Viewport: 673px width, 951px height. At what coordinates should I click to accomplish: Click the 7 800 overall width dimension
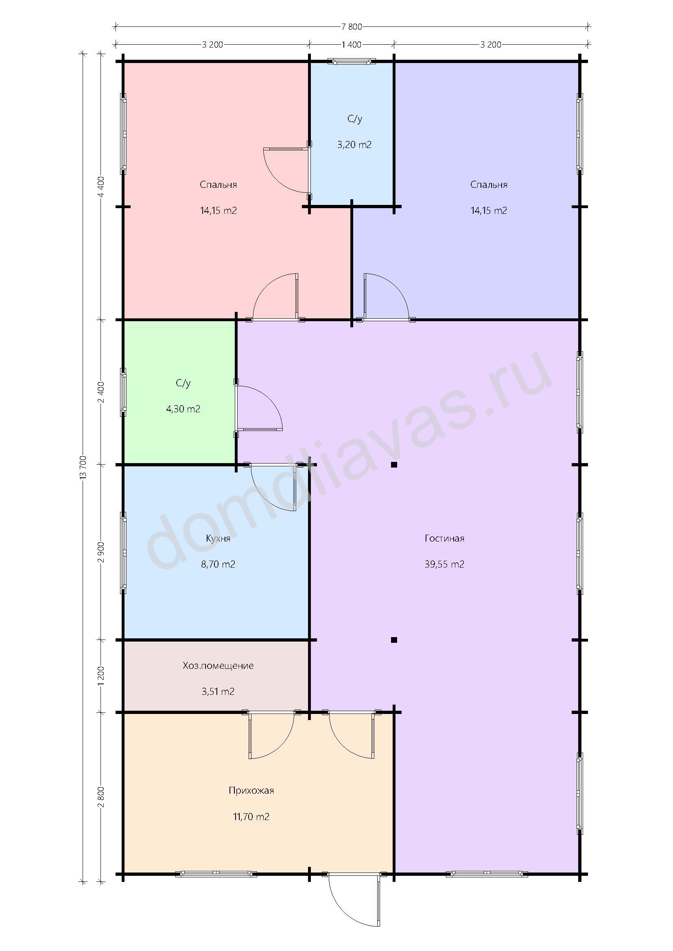pos(352,27)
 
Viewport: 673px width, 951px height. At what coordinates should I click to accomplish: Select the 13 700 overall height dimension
pos(83,468)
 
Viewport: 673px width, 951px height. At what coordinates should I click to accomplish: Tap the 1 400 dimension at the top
pos(352,44)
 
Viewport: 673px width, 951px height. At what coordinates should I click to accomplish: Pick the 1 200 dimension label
pos(101,676)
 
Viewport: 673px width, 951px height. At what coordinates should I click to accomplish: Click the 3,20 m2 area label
pos(354,145)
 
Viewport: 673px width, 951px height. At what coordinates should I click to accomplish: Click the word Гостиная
pos(444,538)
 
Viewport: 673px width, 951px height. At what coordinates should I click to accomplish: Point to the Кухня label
pos(218,538)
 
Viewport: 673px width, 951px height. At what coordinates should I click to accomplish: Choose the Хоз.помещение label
pos(218,666)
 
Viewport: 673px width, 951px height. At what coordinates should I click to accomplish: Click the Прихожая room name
pos(251,790)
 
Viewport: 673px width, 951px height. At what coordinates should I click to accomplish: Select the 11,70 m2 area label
pos(251,817)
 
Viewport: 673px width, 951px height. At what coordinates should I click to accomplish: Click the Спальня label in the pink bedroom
pos(218,184)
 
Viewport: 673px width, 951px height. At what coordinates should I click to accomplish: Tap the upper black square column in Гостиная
pos(394,465)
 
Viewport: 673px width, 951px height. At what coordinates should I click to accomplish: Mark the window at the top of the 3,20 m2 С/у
pos(352,62)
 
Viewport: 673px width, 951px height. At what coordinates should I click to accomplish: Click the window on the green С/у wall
pos(123,392)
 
